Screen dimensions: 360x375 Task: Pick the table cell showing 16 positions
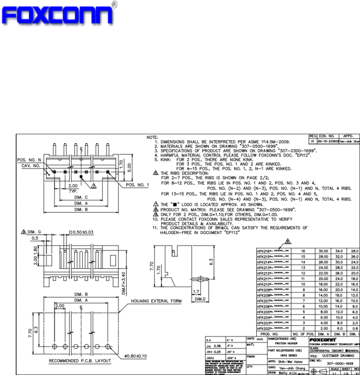[x=303, y=251]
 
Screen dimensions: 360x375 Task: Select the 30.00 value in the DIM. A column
[x=324, y=251]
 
